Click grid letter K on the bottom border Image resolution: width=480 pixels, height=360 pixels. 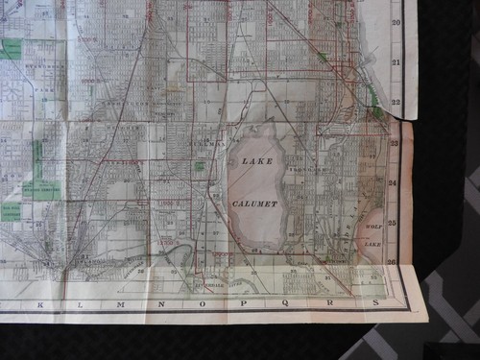40,304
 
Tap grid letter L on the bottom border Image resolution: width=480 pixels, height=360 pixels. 80,304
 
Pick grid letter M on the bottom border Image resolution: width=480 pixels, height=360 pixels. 120,304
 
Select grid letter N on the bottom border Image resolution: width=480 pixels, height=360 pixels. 160,304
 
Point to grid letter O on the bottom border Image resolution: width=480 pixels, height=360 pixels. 202,304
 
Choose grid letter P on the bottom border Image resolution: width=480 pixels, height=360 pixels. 243,304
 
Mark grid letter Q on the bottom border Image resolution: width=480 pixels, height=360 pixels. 285,304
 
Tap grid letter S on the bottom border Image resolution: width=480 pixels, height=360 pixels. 373,304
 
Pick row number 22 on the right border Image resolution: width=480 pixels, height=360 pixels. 396,101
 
